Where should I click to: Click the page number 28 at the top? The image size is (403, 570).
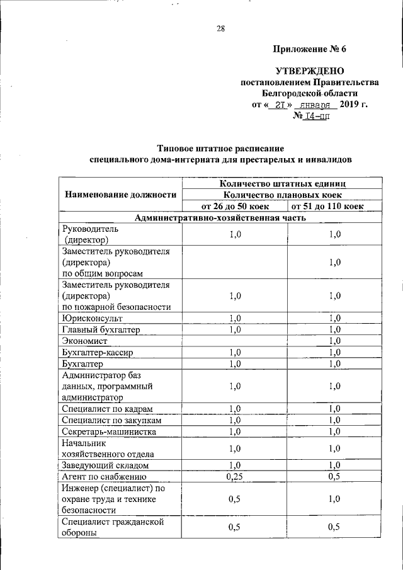pos(220,28)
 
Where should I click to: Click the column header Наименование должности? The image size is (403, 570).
pos(120,195)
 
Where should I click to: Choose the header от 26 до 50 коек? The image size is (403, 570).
pos(234,206)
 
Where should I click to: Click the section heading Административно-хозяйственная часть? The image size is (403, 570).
pos(220,218)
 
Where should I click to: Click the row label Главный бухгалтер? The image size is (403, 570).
pos(100,329)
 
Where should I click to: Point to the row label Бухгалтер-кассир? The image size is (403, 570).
pos(97,352)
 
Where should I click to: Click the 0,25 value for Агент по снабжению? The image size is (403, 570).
pos(234,477)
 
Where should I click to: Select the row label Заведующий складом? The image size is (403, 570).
pos(105,465)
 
